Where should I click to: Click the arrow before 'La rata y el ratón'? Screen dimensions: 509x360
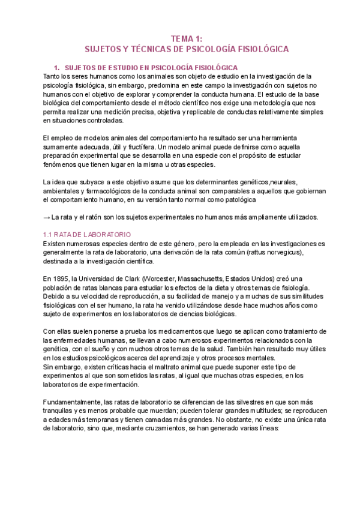tap(46, 217)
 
